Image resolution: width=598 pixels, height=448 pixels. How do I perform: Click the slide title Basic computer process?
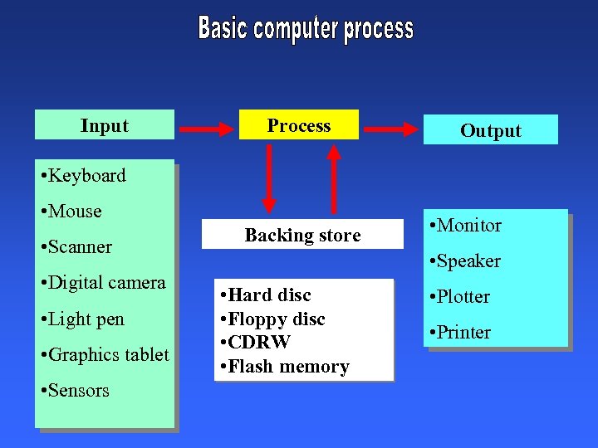tap(305, 29)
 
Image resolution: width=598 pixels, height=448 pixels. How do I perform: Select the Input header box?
tap(105, 125)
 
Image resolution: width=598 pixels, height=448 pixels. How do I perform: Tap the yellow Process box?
tap(299, 125)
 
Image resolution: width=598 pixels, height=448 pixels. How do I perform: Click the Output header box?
tap(490, 130)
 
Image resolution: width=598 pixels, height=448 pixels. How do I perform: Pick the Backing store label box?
tap(302, 236)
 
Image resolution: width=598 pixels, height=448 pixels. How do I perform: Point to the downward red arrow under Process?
tap(268, 179)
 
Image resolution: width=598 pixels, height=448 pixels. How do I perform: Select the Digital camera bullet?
tap(103, 283)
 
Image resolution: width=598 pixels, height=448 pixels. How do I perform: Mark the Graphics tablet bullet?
tap(105, 355)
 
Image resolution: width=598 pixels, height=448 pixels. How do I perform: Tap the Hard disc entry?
tap(265, 295)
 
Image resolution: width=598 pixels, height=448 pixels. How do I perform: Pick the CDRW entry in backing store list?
tap(255, 343)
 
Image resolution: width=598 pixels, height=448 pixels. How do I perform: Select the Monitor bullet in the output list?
tap(465, 226)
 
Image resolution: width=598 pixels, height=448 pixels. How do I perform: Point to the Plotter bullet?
tap(459, 297)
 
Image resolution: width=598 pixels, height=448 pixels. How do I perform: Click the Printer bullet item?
tap(459, 333)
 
